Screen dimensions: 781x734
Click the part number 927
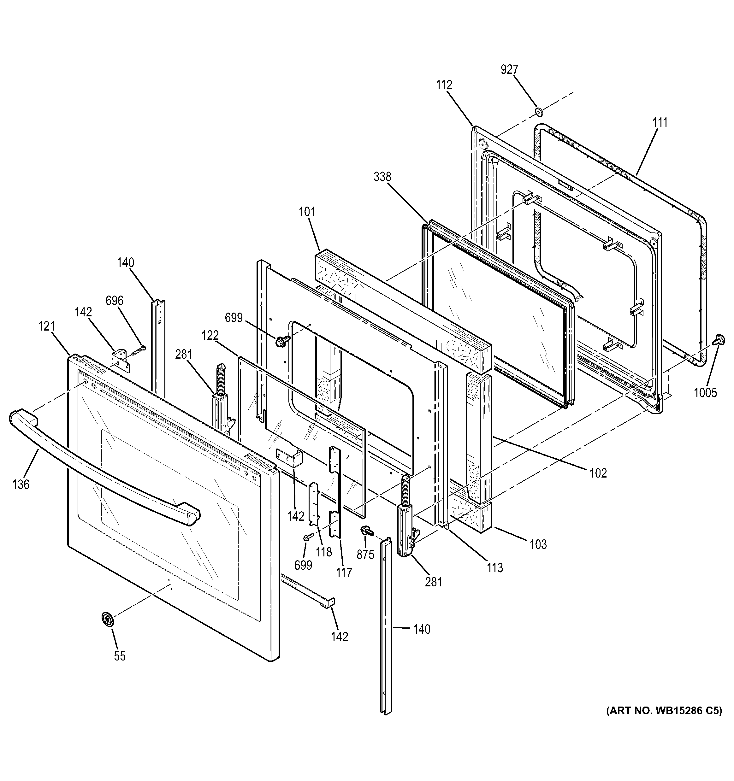tap(509, 69)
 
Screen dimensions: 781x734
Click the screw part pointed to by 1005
tap(720, 339)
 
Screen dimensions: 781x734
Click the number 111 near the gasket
tap(660, 123)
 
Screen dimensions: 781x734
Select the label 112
tap(444, 85)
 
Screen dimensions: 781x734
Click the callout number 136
tap(21, 484)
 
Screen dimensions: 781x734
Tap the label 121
tap(46, 326)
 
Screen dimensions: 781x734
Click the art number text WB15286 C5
tap(664, 722)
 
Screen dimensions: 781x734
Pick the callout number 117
tap(344, 573)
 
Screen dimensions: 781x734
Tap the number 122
tap(210, 336)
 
